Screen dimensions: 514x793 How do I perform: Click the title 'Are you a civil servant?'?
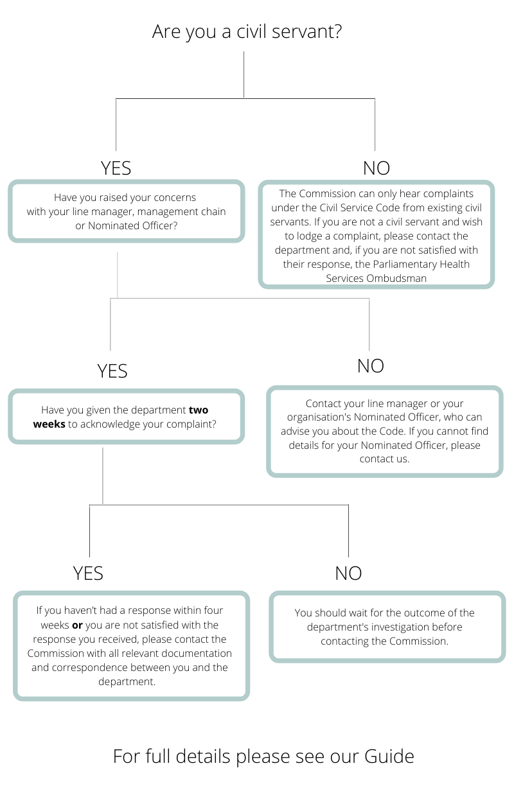247,32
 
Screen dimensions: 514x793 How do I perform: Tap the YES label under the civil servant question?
116,168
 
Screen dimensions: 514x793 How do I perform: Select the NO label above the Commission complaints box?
377,168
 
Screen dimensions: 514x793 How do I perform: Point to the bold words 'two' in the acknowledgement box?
199,410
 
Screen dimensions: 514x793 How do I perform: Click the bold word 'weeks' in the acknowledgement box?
49,424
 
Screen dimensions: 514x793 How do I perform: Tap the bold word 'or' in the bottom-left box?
77,625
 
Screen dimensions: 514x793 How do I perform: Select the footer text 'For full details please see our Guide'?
263,756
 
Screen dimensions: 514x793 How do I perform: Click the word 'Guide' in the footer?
389,756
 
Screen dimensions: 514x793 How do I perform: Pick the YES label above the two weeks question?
112,371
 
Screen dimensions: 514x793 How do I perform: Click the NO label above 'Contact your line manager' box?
371,366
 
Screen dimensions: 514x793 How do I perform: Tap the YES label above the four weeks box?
88,573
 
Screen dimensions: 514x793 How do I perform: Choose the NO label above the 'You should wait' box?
349,573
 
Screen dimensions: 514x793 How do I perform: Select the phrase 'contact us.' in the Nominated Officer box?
384,459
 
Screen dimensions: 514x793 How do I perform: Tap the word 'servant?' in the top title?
306,32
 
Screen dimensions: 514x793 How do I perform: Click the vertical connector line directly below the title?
244,74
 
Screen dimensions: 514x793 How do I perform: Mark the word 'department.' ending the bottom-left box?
127,681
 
